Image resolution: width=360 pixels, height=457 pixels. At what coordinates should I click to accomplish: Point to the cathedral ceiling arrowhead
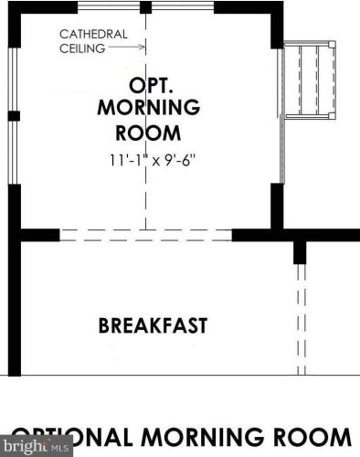142,48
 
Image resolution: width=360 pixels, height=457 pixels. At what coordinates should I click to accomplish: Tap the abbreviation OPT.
144,86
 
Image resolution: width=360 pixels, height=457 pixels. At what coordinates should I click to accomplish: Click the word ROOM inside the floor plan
144,133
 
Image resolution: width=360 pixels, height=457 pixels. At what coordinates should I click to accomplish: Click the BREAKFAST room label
153,325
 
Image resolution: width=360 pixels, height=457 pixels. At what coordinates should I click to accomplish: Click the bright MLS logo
36,447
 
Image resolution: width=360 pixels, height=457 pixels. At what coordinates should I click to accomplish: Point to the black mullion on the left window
14,116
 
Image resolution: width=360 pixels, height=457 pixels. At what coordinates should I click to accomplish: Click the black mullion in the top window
145,8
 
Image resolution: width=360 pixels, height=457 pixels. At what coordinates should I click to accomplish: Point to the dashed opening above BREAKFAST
145,235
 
